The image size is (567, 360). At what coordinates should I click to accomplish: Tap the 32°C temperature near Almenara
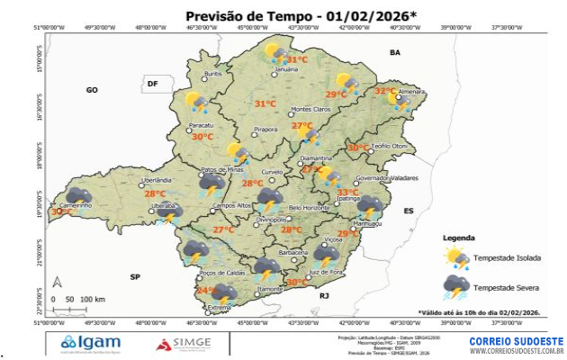(385, 91)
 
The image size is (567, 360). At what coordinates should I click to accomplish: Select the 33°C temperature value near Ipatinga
(347, 192)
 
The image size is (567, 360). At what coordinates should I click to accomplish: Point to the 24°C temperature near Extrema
(206, 291)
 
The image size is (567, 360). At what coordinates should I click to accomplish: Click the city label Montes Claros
(310, 110)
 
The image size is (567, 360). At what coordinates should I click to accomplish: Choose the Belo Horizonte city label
(309, 208)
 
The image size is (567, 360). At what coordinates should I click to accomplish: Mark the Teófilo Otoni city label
(390, 146)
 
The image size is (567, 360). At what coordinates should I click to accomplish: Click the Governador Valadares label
(388, 178)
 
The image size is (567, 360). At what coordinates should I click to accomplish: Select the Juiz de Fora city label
(326, 271)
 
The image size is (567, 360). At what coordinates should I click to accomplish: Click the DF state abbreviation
(152, 84)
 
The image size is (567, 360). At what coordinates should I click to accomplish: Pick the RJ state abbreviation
(325, 294)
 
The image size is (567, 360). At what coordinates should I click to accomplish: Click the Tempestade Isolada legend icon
(457, 258)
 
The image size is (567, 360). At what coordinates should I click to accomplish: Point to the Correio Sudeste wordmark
(516, 341)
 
